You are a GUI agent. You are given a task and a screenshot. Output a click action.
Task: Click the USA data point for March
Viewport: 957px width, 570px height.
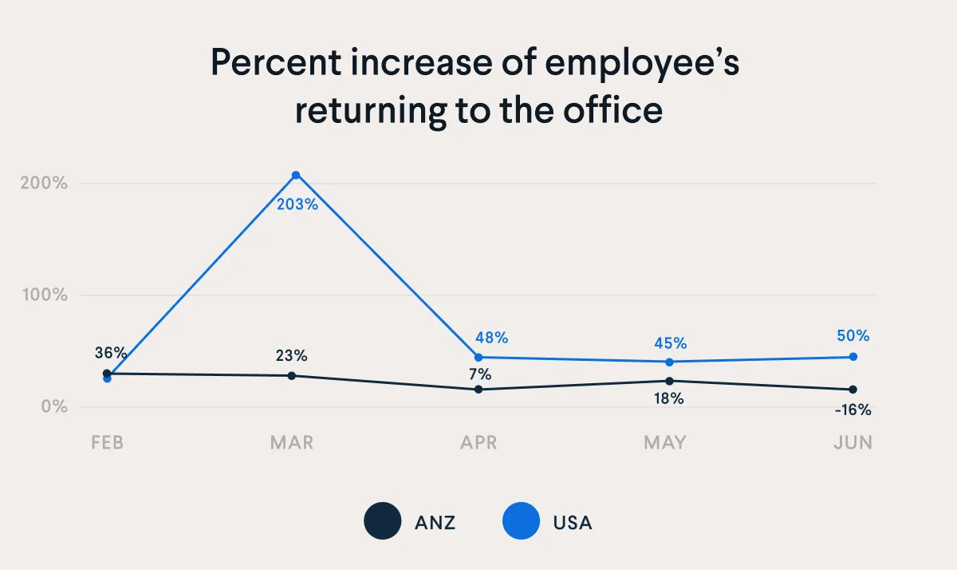(296, 175)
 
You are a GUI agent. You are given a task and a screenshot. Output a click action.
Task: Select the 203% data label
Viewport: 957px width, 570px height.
(297, 204)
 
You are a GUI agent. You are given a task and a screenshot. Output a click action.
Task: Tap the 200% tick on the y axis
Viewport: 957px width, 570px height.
(43, 183)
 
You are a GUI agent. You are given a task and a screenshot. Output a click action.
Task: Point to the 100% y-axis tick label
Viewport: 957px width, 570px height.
(43, 295)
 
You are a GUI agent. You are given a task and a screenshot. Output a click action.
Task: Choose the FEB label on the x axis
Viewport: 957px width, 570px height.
(107, 443)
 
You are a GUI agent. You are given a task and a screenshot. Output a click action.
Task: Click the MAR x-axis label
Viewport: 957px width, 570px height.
(292, 443)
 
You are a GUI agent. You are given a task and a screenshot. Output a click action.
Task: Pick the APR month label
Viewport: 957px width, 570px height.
(478, 443)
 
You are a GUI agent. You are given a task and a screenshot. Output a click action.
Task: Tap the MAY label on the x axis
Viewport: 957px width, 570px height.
(666, 443)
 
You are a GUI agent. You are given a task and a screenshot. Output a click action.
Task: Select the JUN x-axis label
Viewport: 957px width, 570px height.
(853, 443)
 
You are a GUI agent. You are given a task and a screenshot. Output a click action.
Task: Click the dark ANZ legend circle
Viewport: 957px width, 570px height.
(383, 522)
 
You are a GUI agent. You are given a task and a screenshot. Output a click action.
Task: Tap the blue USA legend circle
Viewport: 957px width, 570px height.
(521, 522)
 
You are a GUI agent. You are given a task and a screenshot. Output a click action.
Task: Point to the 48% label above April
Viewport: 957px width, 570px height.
(491, 338)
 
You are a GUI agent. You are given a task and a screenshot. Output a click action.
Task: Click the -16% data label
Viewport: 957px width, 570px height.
(853, 410)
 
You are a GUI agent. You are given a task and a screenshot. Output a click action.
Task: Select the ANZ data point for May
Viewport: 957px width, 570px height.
(670, 381)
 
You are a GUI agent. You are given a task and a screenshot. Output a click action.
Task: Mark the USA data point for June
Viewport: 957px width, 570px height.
(853, 357)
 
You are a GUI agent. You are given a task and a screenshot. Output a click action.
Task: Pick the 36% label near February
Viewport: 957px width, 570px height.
(110, 353)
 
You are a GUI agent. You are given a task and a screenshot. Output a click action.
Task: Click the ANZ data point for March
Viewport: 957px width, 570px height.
(292, 375)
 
